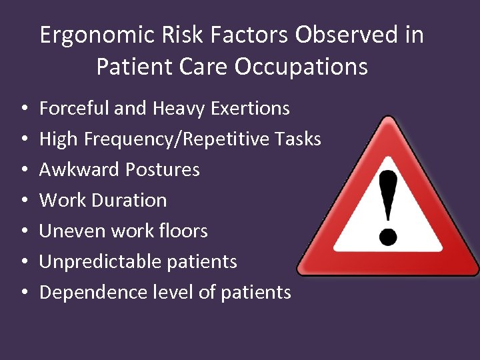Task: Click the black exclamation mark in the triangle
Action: (389, 207)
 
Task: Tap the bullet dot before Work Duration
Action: (23, 201)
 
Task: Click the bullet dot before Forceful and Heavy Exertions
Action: (23, 109)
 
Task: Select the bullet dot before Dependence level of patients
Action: (23, 293)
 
